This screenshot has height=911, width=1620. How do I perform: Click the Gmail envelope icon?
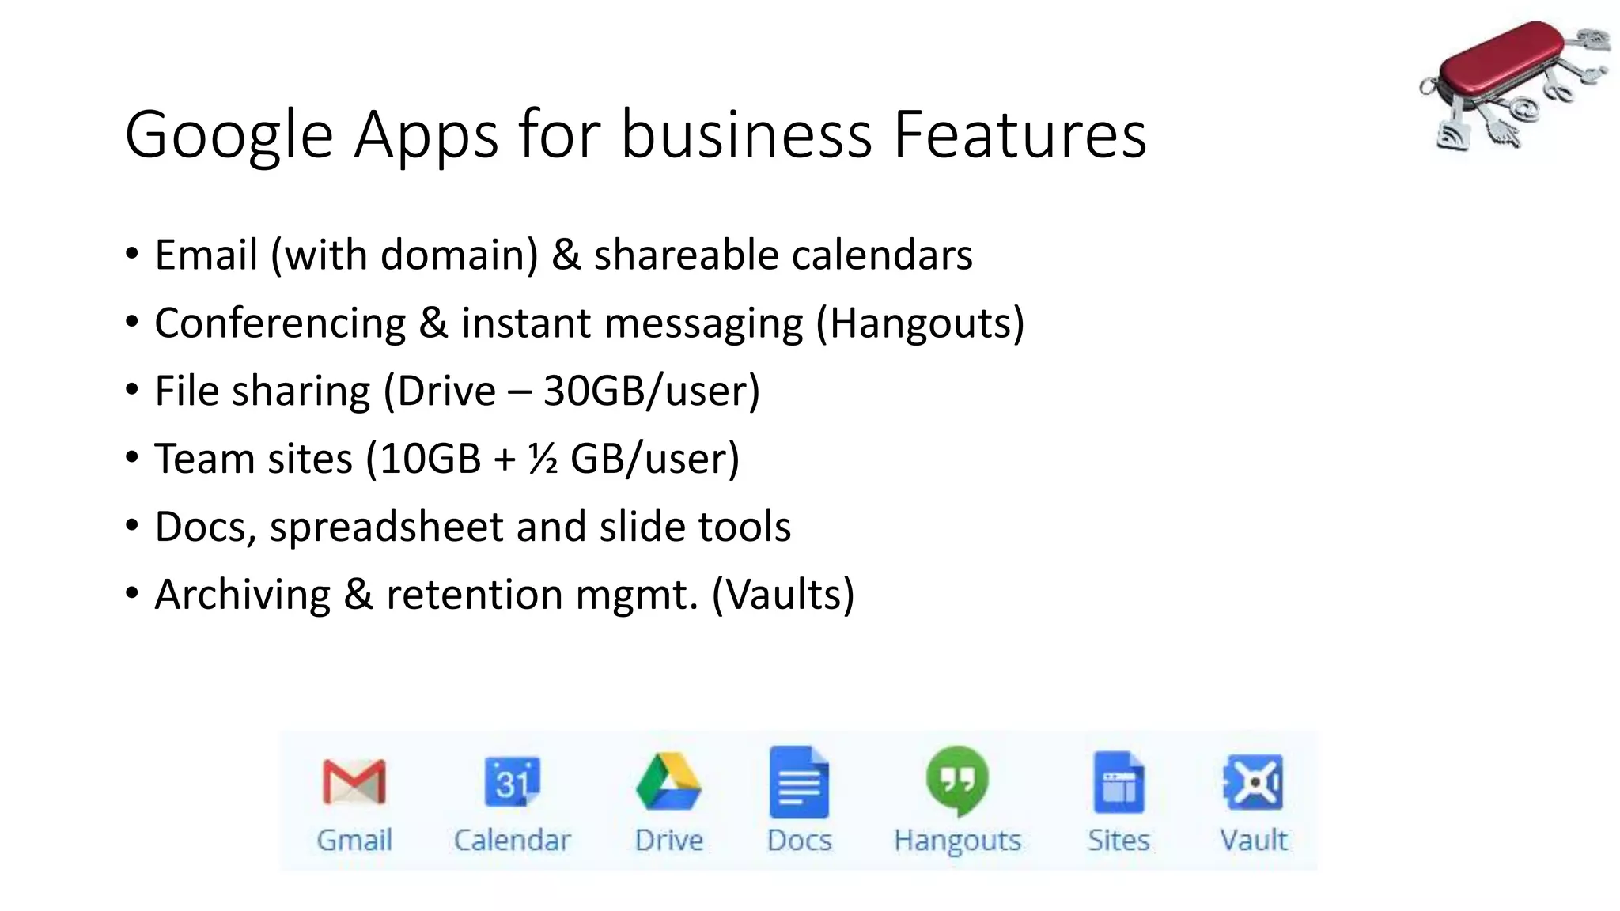354,781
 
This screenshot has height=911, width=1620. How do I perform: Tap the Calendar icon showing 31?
513,781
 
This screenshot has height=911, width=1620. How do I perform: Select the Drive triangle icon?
668,781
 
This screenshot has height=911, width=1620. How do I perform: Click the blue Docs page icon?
799,781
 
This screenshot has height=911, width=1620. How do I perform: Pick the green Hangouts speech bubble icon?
957,780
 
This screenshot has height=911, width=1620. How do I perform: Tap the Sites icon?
1118,782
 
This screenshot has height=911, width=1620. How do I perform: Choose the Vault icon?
1254,782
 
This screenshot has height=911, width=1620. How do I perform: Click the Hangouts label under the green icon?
957,840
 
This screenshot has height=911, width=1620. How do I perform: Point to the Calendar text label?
513,840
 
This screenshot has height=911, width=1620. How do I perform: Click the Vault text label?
1254,840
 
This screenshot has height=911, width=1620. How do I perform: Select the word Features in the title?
1020,134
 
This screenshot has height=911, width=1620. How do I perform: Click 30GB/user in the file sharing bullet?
651,391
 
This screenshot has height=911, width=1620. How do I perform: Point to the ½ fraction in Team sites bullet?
543,459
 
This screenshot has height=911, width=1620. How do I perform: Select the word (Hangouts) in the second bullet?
920,323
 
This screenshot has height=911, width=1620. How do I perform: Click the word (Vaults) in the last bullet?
783,595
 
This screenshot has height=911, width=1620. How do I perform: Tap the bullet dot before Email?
132,255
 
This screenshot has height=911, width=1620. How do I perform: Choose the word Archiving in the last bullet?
243,595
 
